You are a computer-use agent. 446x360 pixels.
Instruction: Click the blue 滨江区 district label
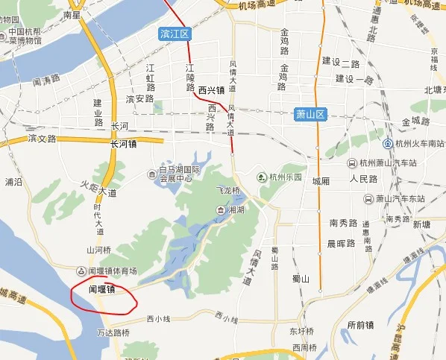point(175,34)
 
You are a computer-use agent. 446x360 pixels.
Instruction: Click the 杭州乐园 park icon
point(261,177)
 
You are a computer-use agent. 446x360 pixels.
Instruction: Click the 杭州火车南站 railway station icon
point(388,143)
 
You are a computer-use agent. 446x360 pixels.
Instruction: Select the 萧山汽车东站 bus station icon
point(368,199)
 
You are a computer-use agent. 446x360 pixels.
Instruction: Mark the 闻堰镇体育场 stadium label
point(112,271)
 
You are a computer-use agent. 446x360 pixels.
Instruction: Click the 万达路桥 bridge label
point(113,332)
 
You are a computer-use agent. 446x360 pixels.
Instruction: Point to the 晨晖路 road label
point(341,243)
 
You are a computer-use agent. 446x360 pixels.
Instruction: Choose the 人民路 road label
point(364,180)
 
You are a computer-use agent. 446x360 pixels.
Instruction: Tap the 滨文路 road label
point(43,139)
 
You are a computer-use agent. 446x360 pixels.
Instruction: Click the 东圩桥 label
point(303,331)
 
